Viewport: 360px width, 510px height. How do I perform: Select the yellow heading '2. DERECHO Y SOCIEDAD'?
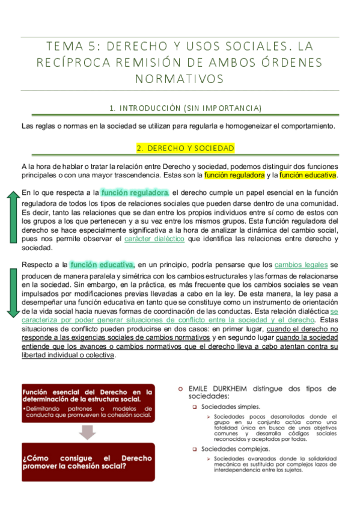pos(185,148)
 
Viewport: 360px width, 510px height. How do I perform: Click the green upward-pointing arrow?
pos(11,220)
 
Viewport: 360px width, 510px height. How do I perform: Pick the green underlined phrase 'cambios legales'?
pos(301,265)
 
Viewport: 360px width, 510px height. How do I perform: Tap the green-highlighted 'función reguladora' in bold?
pos(135,193)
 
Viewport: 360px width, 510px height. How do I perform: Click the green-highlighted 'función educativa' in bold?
pos(101,265)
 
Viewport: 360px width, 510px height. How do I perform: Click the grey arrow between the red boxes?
pos(88,432)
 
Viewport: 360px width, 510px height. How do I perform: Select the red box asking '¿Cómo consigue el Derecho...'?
pos(88,462)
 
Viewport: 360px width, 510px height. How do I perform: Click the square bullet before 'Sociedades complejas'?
pos(195,449)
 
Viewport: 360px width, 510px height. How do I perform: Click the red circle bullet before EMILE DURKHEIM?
pos(180,389)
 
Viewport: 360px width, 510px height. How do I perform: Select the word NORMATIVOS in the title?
pos(180,78)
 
